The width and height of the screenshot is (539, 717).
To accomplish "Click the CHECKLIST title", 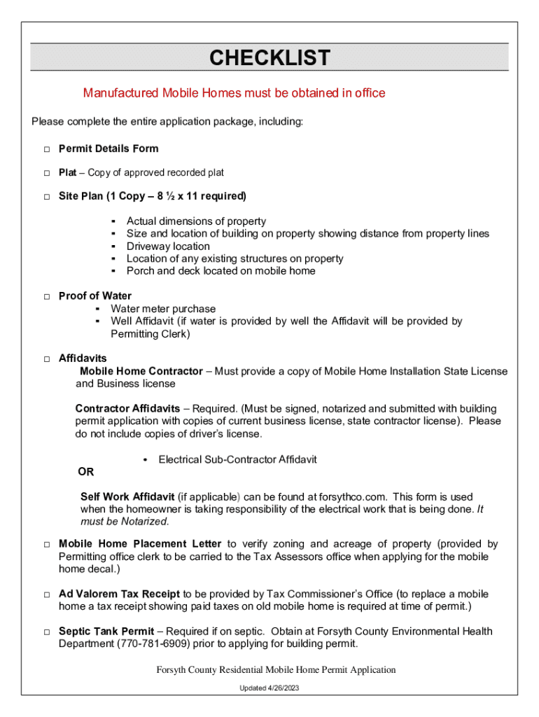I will [269, 57].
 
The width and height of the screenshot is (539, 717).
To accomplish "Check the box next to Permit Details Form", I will [46, 149].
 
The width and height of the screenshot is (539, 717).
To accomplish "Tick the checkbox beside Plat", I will [46, 173].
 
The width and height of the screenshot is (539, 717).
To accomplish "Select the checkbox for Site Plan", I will [46, 197].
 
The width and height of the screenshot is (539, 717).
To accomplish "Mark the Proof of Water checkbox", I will [46, 297].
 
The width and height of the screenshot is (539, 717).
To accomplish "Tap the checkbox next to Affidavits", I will [46, 359].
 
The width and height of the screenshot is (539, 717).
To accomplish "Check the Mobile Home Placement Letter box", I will [46, 545].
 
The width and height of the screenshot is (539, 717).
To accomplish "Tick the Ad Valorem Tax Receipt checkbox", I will [46, 595].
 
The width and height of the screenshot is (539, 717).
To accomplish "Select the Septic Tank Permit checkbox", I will [46, 632].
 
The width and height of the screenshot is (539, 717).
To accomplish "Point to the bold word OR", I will [85, 472].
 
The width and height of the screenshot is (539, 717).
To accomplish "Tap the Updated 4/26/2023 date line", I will [269, 688].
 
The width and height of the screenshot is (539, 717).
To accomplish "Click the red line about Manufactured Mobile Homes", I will [234, 93].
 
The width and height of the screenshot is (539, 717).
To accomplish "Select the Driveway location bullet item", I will [168, 246].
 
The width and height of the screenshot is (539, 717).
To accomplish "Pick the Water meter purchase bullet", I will [163, 309].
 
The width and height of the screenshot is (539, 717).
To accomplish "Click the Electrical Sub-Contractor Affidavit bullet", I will [237, 459].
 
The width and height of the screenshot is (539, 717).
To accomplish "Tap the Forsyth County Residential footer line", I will [276, 670].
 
